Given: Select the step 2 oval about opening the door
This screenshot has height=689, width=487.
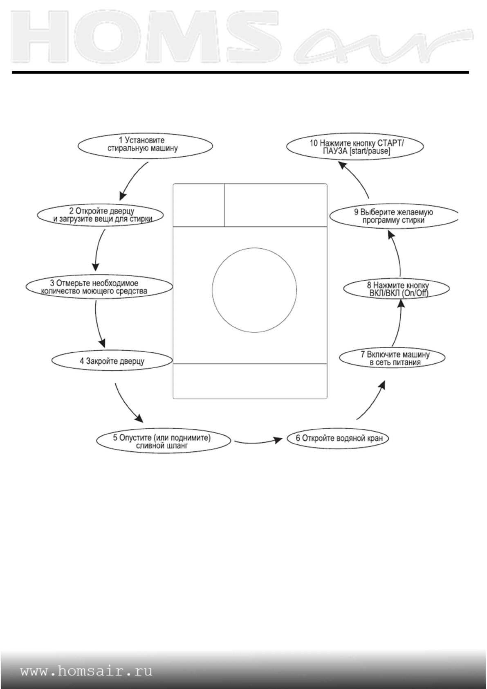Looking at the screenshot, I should [x=101, y=215].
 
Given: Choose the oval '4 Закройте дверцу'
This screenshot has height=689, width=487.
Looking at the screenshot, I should [x=112, y=361].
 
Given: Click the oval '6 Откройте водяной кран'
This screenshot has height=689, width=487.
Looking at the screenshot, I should [x=337, y=438].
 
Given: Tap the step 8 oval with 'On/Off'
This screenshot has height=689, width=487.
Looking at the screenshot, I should [x=396, y=289].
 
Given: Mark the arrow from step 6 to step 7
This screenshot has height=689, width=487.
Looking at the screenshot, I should [x=372, y=401].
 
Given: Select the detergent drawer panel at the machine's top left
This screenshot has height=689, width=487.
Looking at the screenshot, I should [x=198, y=205].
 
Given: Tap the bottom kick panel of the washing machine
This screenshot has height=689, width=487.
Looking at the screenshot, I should [x=250, y=381].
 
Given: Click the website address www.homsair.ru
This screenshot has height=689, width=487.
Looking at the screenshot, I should [x=86, y=671].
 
